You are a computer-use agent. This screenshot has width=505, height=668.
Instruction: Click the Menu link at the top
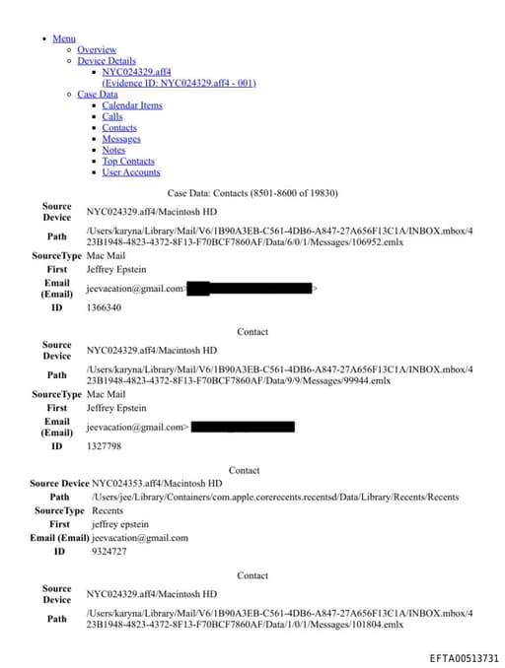pyautogui.click(x=63, y=38)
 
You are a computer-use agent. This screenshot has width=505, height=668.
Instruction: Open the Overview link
pyautogui.click(x=97, y=49)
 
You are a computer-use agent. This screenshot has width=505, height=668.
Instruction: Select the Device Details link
pyautogui.click(x=107, y=60)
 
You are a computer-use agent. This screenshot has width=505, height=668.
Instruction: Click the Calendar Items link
pyautogui.click(x=132, y=105)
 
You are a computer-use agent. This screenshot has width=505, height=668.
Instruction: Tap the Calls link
pyautogui.click(x=112, y=116)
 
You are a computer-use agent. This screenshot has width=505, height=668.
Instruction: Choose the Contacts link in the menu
pyautogui.click(x=119, y=128)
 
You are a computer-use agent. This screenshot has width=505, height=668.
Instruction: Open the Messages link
pyautogui.click(x=121, y=139)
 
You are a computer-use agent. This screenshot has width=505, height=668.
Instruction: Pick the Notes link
pyautogui.click(x=113, y=150)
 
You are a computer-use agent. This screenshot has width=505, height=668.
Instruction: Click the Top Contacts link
pyautogui.click(x=128, y=161)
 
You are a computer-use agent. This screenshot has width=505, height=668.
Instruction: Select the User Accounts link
pyautogui.click(x=131, y=172)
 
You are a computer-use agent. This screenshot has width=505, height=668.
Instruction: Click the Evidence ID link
pyautogui.click(x=179, y=83)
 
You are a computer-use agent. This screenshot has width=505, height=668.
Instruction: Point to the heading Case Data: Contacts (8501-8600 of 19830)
pyautogui.click(x=252, y=194)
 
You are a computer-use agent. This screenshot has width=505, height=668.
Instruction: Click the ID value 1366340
pyautogui.click(x=104, y=307)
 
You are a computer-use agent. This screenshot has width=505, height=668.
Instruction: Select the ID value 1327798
pyautogui.click(x=104, y=446)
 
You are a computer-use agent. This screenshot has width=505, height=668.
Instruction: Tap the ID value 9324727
pyautogui.click(x=108, y=552)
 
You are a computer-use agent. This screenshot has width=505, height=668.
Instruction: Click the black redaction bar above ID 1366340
pyautogui.click(x=249, y=289)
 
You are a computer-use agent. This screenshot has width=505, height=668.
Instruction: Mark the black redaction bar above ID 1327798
pyautogui.click(x=243, y=428)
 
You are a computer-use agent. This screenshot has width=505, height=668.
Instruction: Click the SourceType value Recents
pyautogui.click(x=108, y=511)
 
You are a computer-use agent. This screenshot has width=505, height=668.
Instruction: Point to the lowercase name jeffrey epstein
pyautogui.click(x=118, y=524)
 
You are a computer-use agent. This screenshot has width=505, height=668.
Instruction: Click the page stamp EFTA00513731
pyautogui.click(x=464, y=657)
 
